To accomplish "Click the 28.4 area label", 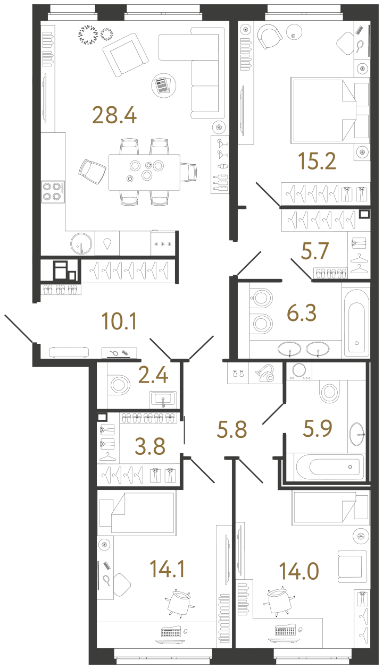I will coord(114,114).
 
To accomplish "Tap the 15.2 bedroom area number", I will coord(318,161).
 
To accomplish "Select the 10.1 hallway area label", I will coord(120,321).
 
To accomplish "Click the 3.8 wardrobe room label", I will coord(151,446).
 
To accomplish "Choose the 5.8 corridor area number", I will coord(232,428).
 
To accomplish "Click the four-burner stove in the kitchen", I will coord(53,191).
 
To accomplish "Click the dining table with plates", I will coord(144,172).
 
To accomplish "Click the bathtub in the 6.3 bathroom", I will coord(355,321).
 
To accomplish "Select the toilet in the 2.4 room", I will coord(120,383).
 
